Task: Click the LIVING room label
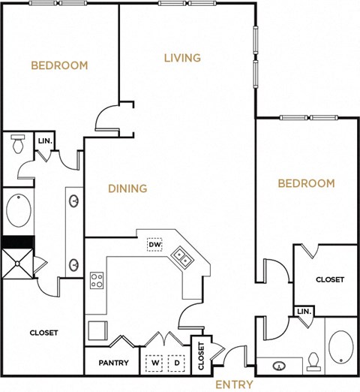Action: pos(181,58)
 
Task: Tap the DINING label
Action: pos(127,188)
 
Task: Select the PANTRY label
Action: pos(112,363)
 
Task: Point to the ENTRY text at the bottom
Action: pos(235,384)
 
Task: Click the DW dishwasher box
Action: pos(155,245)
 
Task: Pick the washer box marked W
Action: pos(155,362)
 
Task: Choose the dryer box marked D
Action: pos(177,362)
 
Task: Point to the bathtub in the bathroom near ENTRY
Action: pos(341,347)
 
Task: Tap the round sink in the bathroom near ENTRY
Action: pos(279,367)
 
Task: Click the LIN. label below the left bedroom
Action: pos(44,140)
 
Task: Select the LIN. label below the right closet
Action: pos(303,312)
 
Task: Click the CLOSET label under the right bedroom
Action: pos(329,279)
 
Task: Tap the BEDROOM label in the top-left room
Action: pos(59,65)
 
